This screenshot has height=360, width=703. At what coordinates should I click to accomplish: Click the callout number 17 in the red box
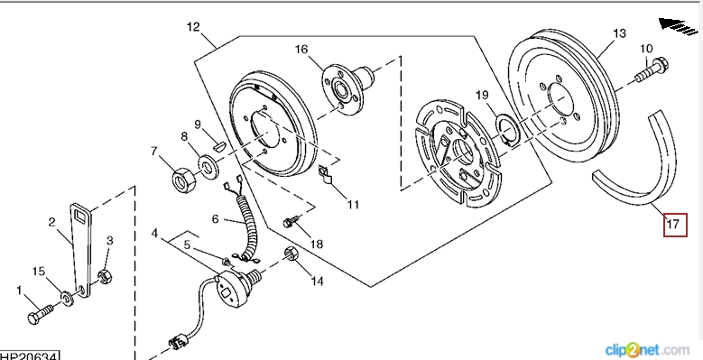coord(672,223)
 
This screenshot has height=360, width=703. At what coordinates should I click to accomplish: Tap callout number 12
coord(193,27)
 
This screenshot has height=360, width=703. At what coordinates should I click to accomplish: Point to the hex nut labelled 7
coord(183,180)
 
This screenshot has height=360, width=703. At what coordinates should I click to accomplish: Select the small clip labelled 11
coord(325,174)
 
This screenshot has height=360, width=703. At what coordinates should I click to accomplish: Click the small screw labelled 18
coord(291,221)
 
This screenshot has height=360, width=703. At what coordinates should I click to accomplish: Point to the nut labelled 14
coord(291,255)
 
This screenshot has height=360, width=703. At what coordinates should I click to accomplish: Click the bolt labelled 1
coord(41,312)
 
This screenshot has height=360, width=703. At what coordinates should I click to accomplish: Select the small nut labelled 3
coord(106,276)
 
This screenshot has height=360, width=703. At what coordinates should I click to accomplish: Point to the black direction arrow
coord(679,26)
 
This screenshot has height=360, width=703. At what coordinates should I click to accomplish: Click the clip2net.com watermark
coord(647,350)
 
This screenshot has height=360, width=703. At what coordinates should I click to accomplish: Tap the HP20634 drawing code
coord(29,356)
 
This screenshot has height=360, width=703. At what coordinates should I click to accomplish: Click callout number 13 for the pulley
coord(619,33)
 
